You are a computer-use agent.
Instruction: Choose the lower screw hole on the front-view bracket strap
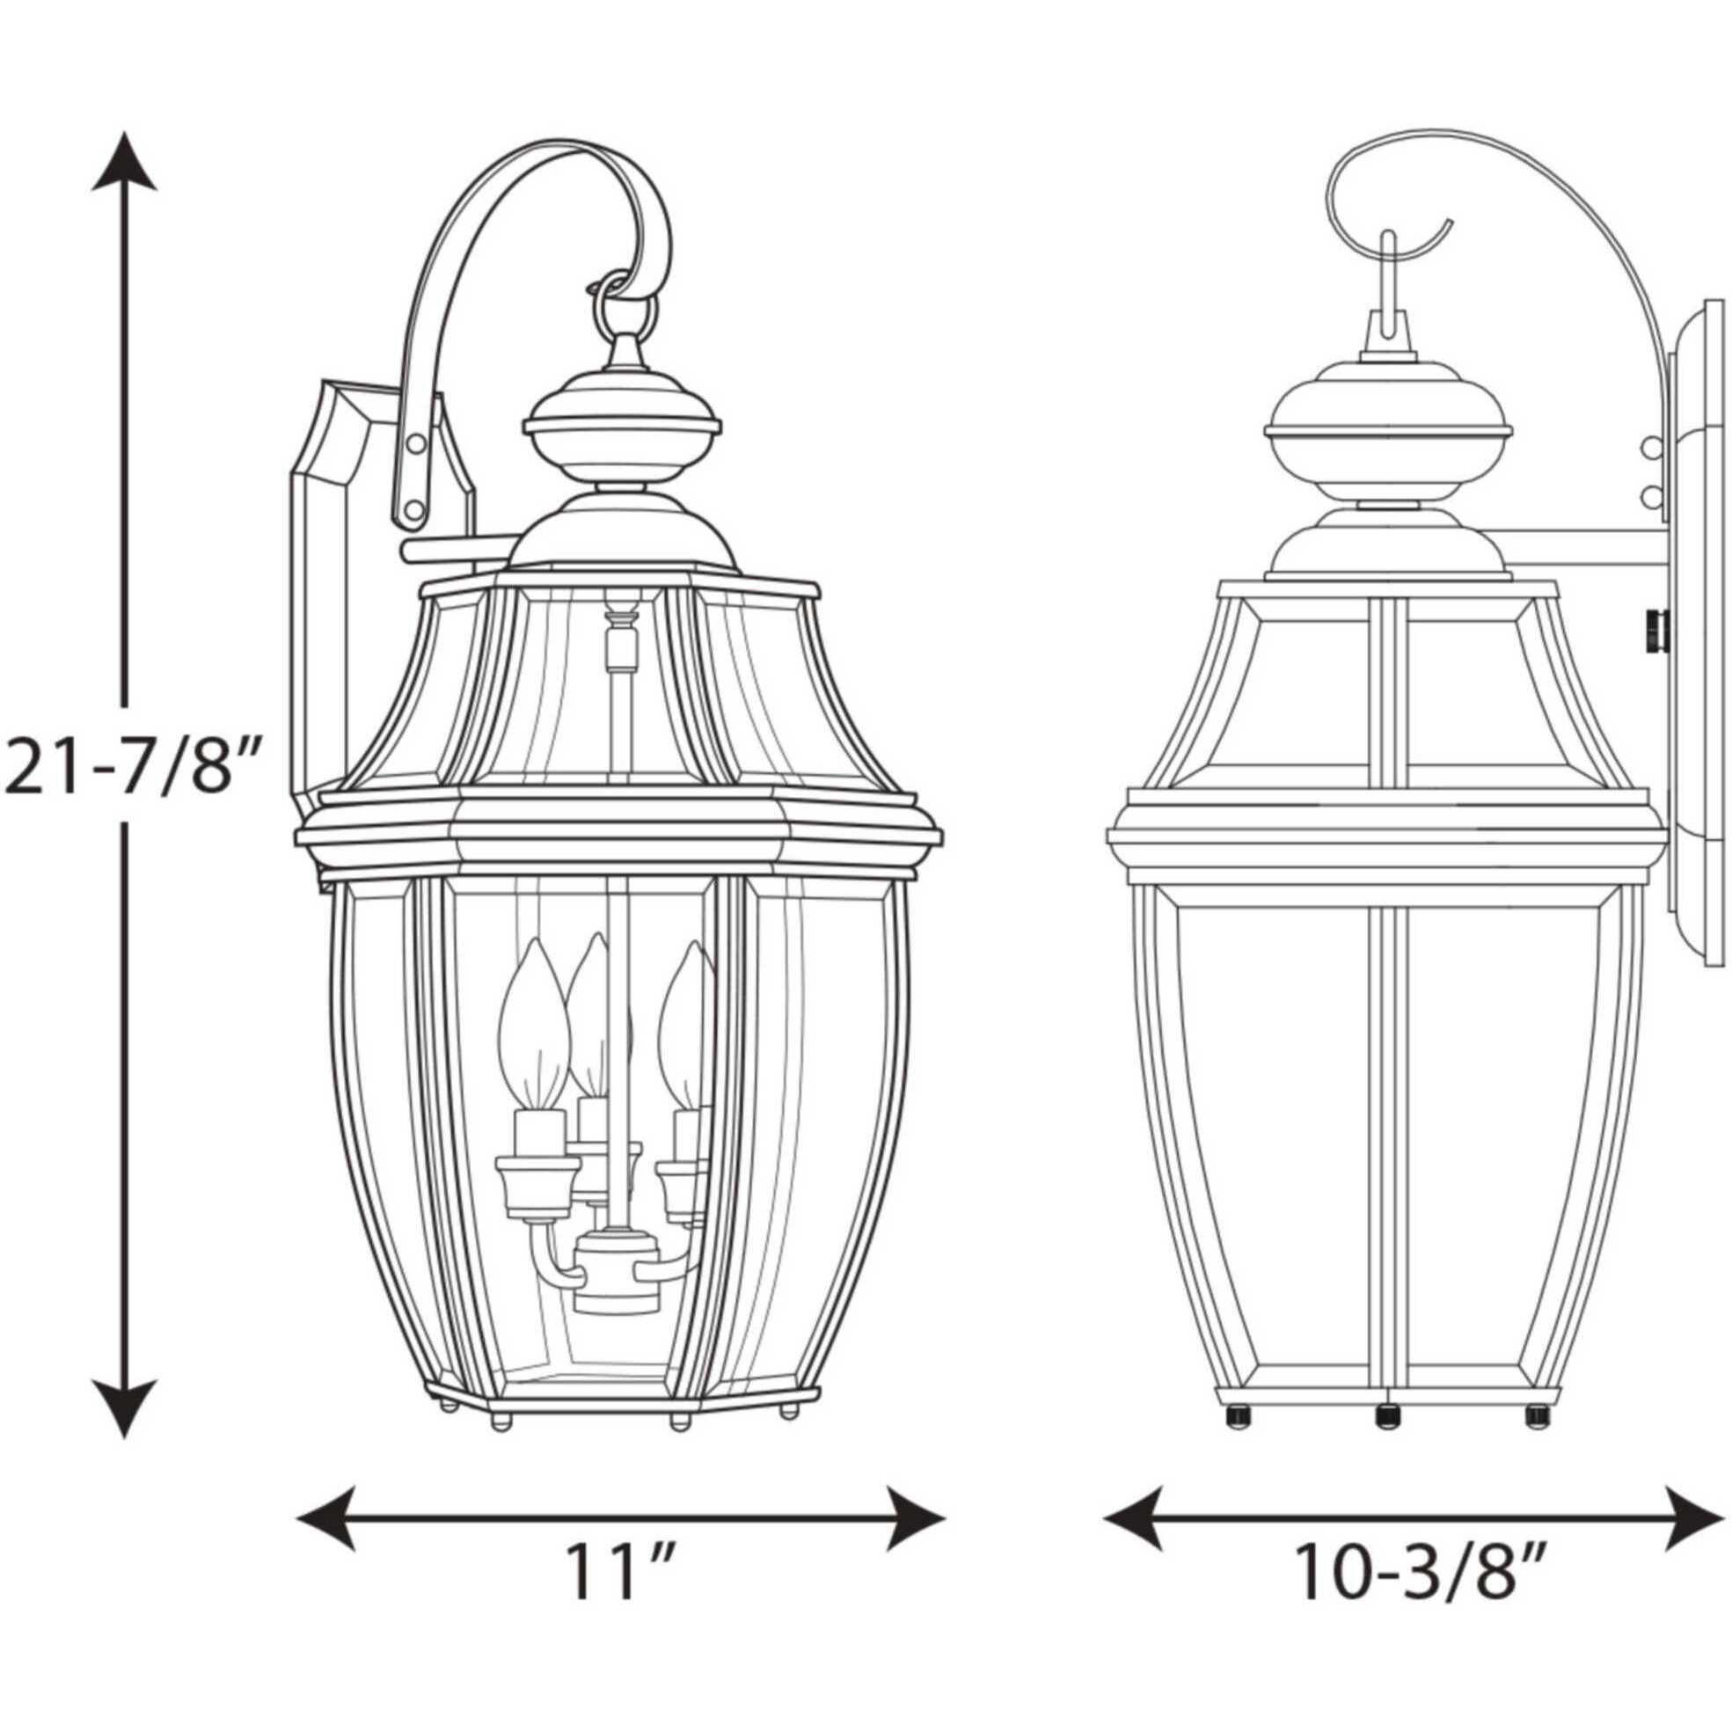pos(413,510)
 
